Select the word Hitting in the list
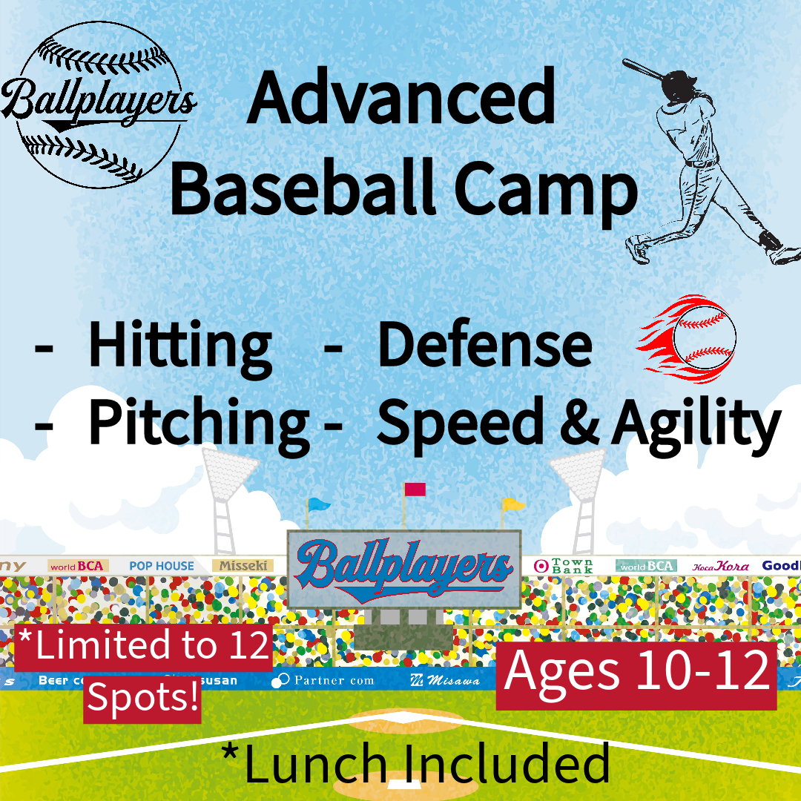pyautogui.click(x=179, y=346)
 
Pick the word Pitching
pyautogui.click(x=198, y=421)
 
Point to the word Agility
pyautogui.click(x=696, y=423)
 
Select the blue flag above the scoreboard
pyautogui.click(x=319, y=504)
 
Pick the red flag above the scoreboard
pyautogui.click(x=415, y=489)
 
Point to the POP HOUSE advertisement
pyautogui.click(x=161, y=566)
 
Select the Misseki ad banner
pyautogui.click(x=243, y=566)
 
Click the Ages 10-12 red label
pyautogui.click(x=636, y=673)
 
